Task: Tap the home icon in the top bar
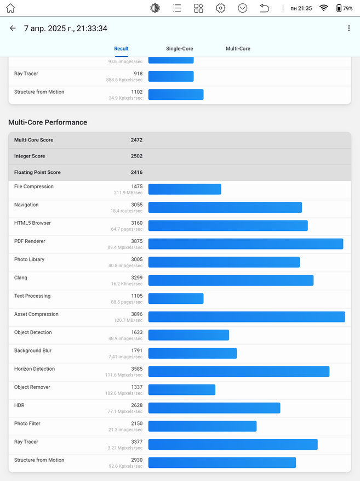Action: coord(10,8)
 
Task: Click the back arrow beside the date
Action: coord(13,28)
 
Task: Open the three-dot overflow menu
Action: coord(348,28)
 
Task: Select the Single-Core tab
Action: coord(180,48)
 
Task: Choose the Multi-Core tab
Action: coord(238,48)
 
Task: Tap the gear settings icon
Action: coord(221,8)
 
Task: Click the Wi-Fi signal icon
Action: coord(323,8)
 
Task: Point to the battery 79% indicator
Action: coord(344,8)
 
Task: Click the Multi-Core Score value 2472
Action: coord(136,140)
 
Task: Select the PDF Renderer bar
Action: coord(245,244)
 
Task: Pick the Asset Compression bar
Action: coord(247,317)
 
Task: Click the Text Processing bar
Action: coord(176,298)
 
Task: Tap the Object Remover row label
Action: coord(32,387)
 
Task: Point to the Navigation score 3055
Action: coord(137,205)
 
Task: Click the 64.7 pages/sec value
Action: coord(127,229)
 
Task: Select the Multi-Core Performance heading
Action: coord(48,122)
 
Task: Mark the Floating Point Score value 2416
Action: coord(136,172)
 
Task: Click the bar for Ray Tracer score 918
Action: coord(171,76)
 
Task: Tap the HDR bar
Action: coord(214,408)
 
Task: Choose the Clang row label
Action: coord(20,278)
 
